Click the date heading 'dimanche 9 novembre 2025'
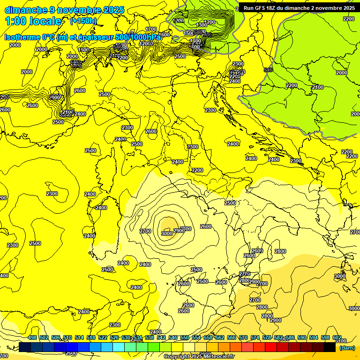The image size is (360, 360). point(64,10)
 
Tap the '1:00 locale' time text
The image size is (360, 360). point(33,21)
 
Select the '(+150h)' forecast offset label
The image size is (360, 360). point(83,21)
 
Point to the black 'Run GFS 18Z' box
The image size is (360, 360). point(299,8)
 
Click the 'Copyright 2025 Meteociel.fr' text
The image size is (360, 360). point(199,356)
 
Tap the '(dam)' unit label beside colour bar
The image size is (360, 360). point(347,347)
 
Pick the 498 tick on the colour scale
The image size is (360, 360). point(32,337)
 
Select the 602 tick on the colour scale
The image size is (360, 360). point(337,337)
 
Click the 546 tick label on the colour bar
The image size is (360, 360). point(173,337)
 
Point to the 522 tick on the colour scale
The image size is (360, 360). point(103,337)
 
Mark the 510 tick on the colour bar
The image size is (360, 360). point(67,337)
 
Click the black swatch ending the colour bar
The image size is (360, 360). point(330,347)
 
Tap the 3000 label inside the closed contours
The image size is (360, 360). point(166,233)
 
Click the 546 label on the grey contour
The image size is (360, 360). point(268,70)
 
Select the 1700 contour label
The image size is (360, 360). point(151,29)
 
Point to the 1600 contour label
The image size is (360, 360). point(83,50)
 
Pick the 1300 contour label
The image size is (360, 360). point(202,25)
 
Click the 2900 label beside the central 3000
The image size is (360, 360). point(178,231)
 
